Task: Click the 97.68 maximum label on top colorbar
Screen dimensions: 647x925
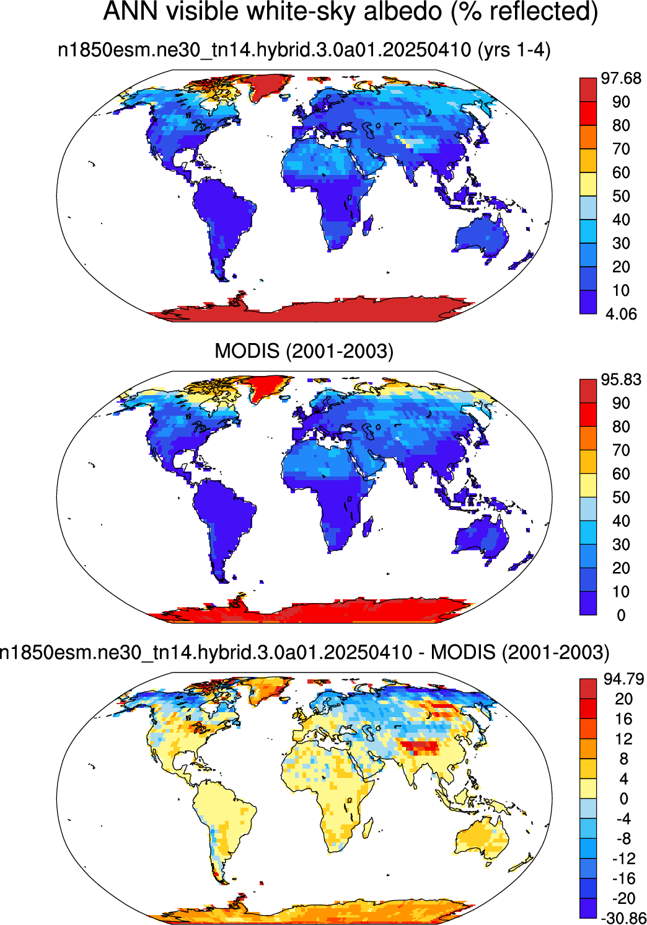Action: (620, 78)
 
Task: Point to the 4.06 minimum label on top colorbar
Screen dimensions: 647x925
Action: (620, 315)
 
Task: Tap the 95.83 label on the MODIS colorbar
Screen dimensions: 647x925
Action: (620, 379)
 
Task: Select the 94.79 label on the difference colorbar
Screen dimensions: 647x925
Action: (623, 679)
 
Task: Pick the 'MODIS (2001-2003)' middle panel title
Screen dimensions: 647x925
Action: (304, 351)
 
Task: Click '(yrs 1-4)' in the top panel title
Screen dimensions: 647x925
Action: (514, 50)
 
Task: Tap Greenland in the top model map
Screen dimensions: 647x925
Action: (268, 86)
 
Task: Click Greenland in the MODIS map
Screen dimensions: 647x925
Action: (268, 387)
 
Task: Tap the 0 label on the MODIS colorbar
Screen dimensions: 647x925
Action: (621, 615)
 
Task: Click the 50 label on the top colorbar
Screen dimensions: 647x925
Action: (620, 196)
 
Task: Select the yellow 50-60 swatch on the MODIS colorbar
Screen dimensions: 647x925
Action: (588, 485)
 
